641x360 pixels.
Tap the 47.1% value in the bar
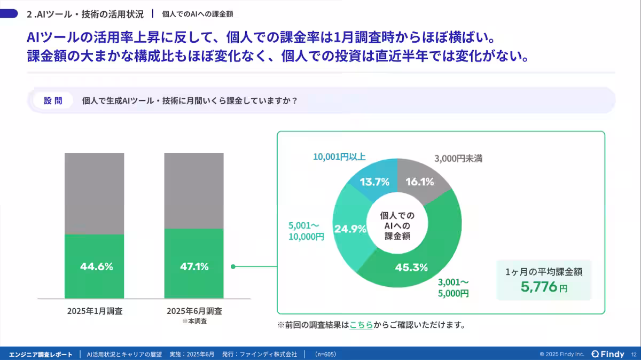click(x=193, y=267)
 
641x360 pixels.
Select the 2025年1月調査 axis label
click(x=95, y=311)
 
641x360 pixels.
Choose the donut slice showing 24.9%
click(x=350, y=230)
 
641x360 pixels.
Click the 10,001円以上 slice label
click(x=340, y=156)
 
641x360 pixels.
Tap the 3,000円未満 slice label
click(x=458, y=159)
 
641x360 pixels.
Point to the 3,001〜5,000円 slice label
click(x=454, y=287)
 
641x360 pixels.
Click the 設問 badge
click(x=53, y=100)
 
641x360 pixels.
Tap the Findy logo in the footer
click(x=608, y=354)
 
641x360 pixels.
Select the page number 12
click(x=634, y=354)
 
